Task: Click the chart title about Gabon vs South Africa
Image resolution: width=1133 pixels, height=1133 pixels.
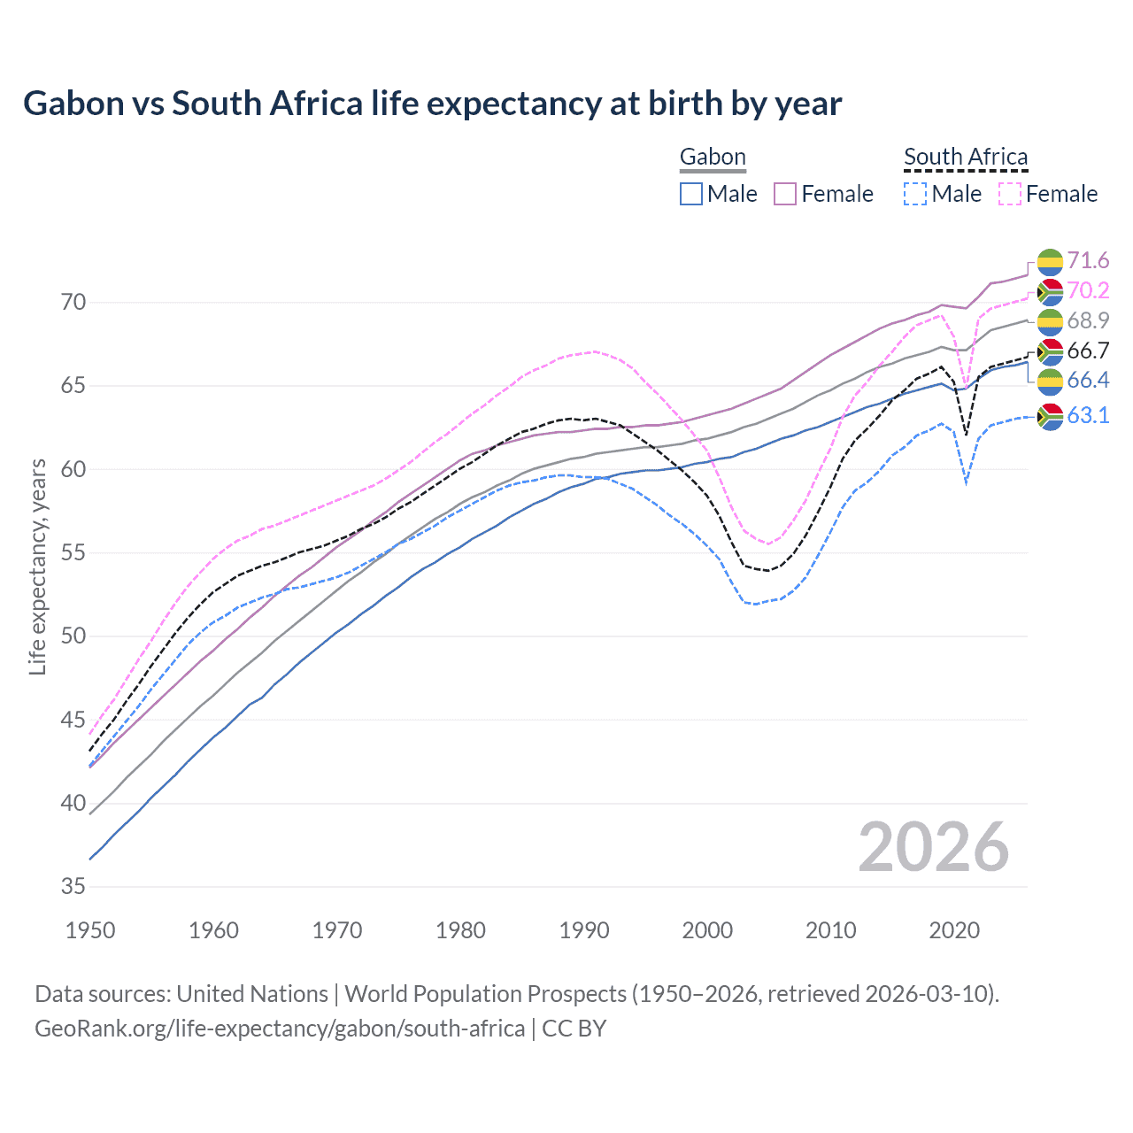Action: click(x=432, y=104)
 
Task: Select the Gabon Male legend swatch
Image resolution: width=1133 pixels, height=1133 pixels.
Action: click(x=691, y=194)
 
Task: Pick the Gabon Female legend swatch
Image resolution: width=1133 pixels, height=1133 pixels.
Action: click(x=785, y=194)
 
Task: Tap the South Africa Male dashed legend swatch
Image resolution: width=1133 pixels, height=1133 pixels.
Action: click(x=915, y=194)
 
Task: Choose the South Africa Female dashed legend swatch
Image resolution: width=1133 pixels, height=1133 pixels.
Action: click(x=1010, y=194)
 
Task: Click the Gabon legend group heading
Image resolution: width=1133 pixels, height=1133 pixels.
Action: click(x=713, y=158)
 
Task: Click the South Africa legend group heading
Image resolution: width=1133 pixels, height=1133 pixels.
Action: click(x=966, y=158)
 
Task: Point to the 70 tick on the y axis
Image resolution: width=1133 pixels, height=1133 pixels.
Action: click(x=73, y=303)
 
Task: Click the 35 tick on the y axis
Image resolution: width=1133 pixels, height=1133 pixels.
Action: click(x=73, y=887)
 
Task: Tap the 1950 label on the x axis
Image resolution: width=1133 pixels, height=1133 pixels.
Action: click(x=90, y=930)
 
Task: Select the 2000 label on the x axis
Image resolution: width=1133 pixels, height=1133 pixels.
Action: click(x=707, y=930)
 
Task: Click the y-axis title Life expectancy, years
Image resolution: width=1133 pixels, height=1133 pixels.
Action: click(x=37, y=566)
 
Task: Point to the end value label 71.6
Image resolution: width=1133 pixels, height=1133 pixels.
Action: click(x=1088, y=260)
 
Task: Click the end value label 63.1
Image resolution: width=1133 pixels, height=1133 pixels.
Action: click(x=1088, y=415)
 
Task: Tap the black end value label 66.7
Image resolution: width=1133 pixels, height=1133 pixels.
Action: click(x=1088, y=351)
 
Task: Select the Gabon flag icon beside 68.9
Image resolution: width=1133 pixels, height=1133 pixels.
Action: click(x=1050, y=321)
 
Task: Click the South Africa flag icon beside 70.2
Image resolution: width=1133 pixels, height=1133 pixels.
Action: click(x=1050, y=291)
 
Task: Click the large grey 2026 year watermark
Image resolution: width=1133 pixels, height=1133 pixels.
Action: click(x=933, y=847)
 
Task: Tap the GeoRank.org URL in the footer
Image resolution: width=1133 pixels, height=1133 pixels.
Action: click(x=280, y=1029)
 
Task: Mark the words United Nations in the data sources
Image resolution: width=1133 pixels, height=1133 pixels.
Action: click(x=252, y=994)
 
